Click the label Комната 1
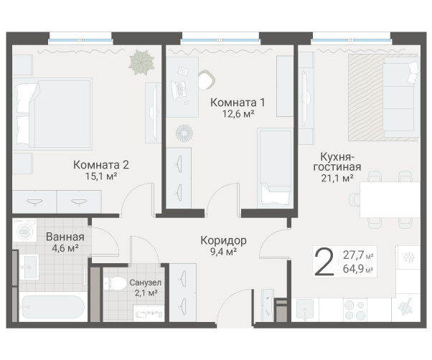(233, 102)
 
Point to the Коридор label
(223, 240)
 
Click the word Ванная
(65, 237)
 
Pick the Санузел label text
(146, 283)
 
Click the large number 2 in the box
(324, 262)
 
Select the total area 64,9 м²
(358, 269)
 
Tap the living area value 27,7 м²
(358, 255)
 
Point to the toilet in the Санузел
(113, 283)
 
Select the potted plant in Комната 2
(141, 62)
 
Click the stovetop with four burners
(354, 310)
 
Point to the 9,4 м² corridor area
(223, 252)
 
